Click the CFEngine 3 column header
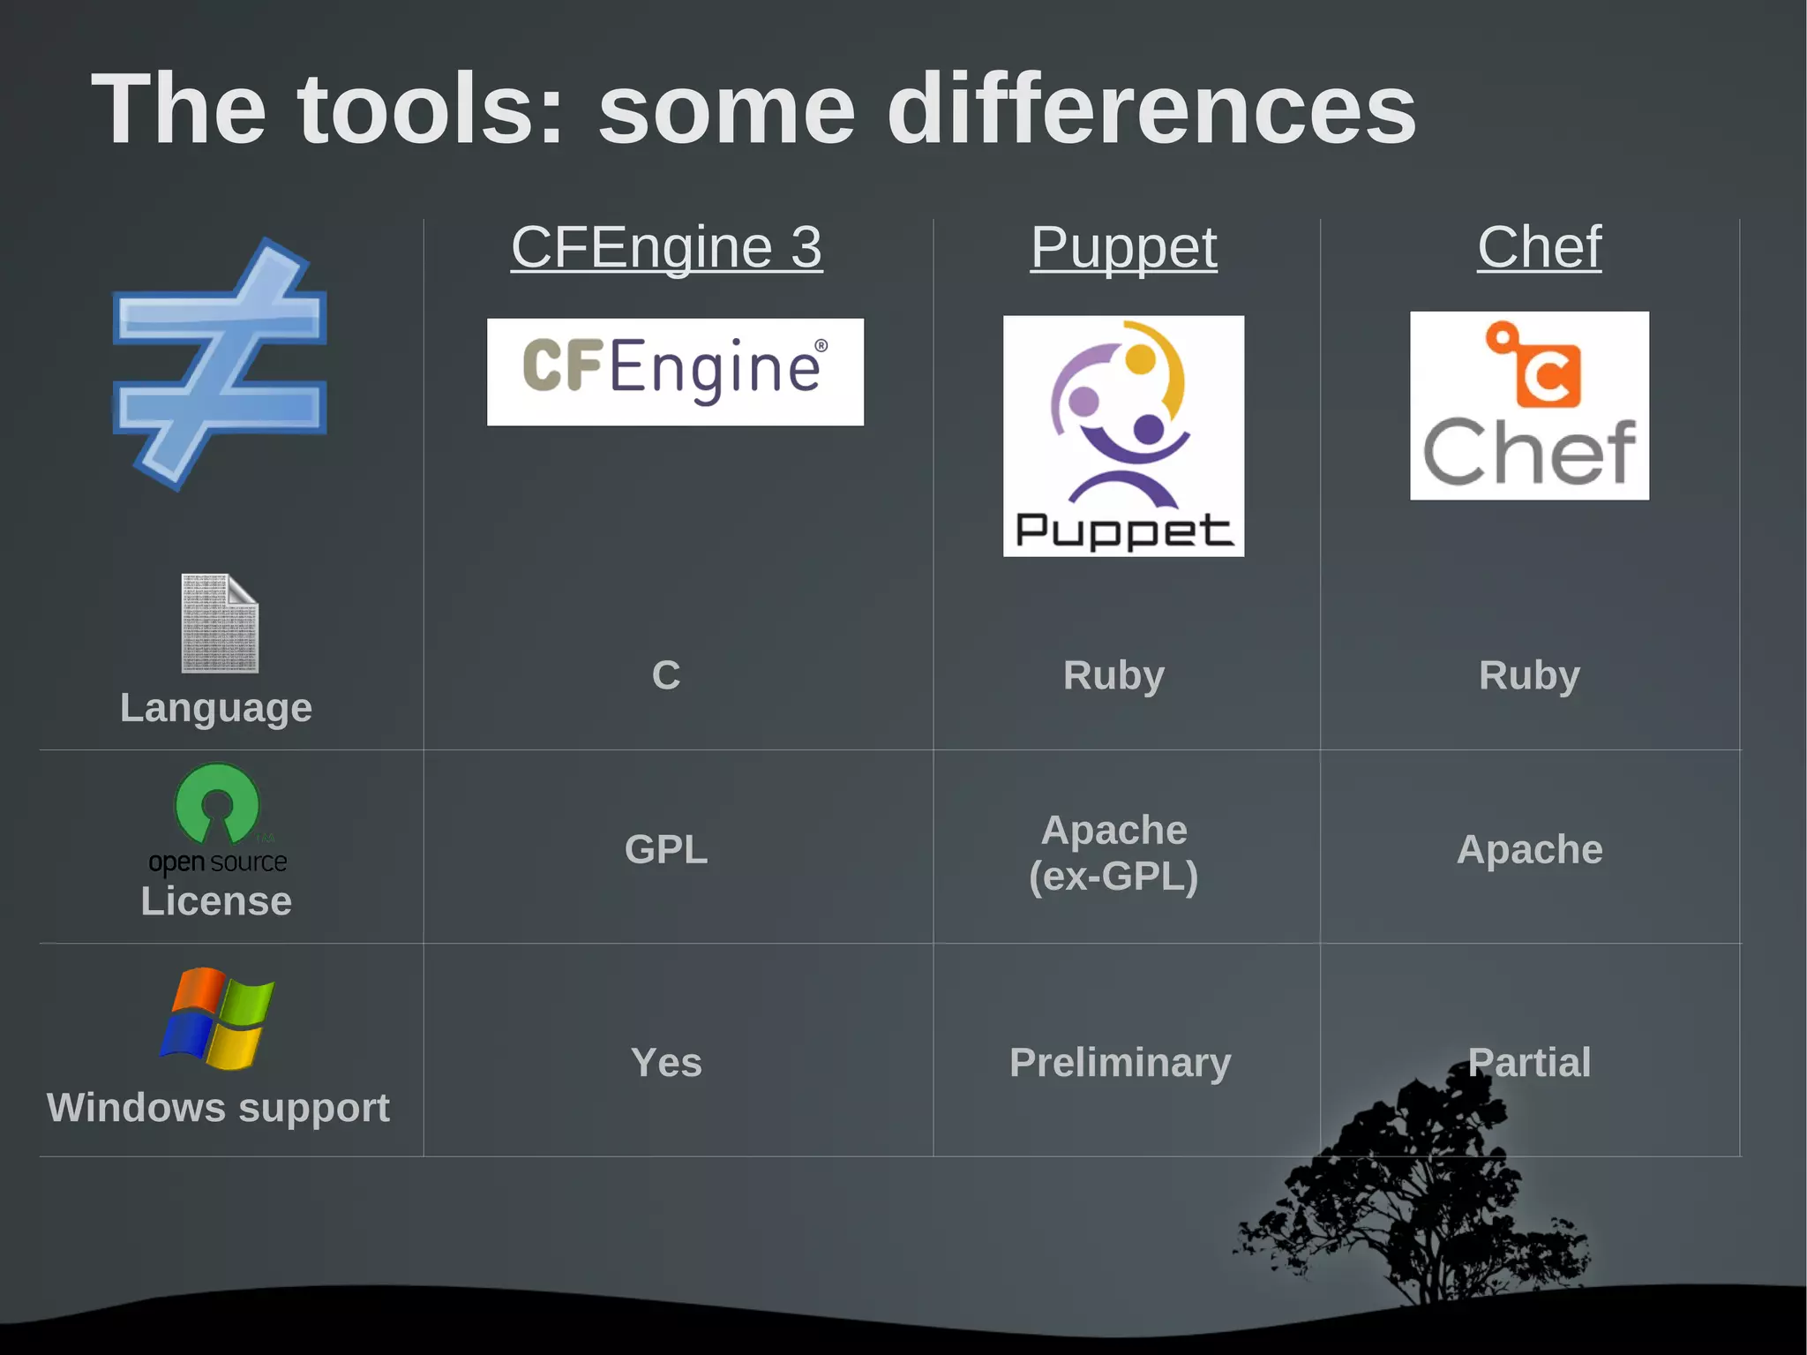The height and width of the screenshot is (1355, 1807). (666, 247)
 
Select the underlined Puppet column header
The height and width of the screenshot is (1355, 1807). (1123, 247)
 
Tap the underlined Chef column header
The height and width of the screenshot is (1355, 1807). (1539, 247)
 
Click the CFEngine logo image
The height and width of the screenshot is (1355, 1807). (675, 372)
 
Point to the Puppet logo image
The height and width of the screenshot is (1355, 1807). (1123, 436)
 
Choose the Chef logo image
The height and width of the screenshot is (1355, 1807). (1529, 406)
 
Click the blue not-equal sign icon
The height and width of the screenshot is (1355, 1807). (221, 364)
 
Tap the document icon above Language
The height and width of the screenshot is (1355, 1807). (220, 623)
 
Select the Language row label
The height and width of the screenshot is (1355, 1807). (216, 708)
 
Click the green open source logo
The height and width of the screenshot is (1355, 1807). (217, 817)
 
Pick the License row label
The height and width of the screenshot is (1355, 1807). (216, 901)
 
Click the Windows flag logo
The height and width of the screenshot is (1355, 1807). (217, 1018)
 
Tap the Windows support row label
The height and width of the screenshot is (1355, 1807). (218, 1108)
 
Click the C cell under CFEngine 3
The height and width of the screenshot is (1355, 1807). (666, 675)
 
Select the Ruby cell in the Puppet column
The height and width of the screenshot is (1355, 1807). (1113, 675)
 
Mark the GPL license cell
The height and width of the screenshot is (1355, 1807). (666, 849)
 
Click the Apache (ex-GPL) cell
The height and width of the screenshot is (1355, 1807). (1113, 853)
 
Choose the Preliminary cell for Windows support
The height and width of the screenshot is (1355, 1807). (1120, 1062)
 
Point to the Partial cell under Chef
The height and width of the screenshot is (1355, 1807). (1529, 1062)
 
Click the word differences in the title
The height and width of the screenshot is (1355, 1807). (1151, 109)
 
